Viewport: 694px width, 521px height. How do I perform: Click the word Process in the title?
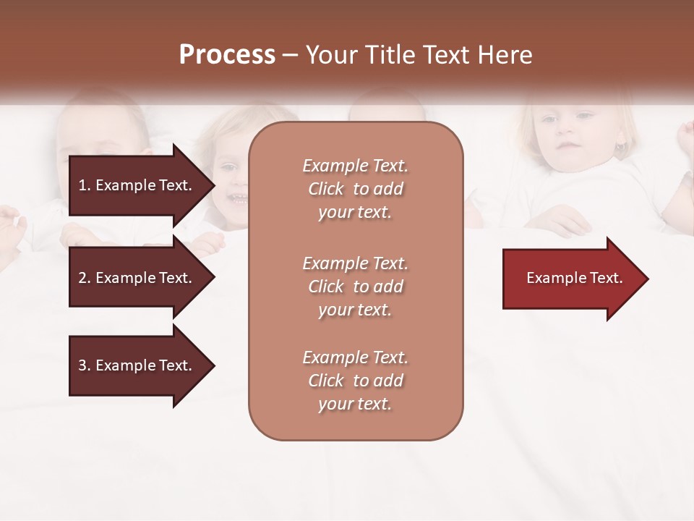227,55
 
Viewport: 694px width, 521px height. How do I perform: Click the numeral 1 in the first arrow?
82,185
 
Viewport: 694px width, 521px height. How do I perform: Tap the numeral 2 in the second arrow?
82,278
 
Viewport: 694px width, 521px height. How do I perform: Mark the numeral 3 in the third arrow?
82,365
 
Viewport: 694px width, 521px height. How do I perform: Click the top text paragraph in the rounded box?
355,189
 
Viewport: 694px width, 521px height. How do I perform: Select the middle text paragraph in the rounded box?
355,287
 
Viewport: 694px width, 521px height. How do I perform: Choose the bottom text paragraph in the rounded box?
355,381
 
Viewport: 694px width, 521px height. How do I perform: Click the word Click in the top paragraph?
326,189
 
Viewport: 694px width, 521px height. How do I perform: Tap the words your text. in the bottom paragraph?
355,404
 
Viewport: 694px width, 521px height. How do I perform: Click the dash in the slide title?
291,56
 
